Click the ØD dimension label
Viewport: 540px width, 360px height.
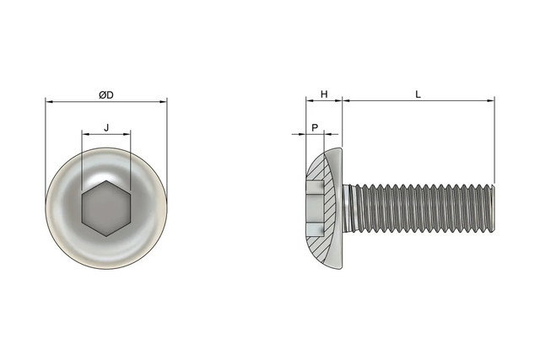[x=106, y=95]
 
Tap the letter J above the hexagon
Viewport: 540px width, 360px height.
[x=106, y=127]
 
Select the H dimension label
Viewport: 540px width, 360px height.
[x=324, y=94]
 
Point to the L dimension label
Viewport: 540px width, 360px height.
[x=418, y=94]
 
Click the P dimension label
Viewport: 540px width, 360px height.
[x=315, y=128]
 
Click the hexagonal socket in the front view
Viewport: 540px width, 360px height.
[x=106, y=208]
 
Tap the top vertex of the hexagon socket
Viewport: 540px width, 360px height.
[x=106, y=180]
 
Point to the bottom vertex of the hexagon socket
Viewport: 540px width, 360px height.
[x=106, y=236]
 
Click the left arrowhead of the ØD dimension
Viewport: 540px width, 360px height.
[x=49, y=102]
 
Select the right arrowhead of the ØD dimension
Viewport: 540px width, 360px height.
[x=163, y=102]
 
